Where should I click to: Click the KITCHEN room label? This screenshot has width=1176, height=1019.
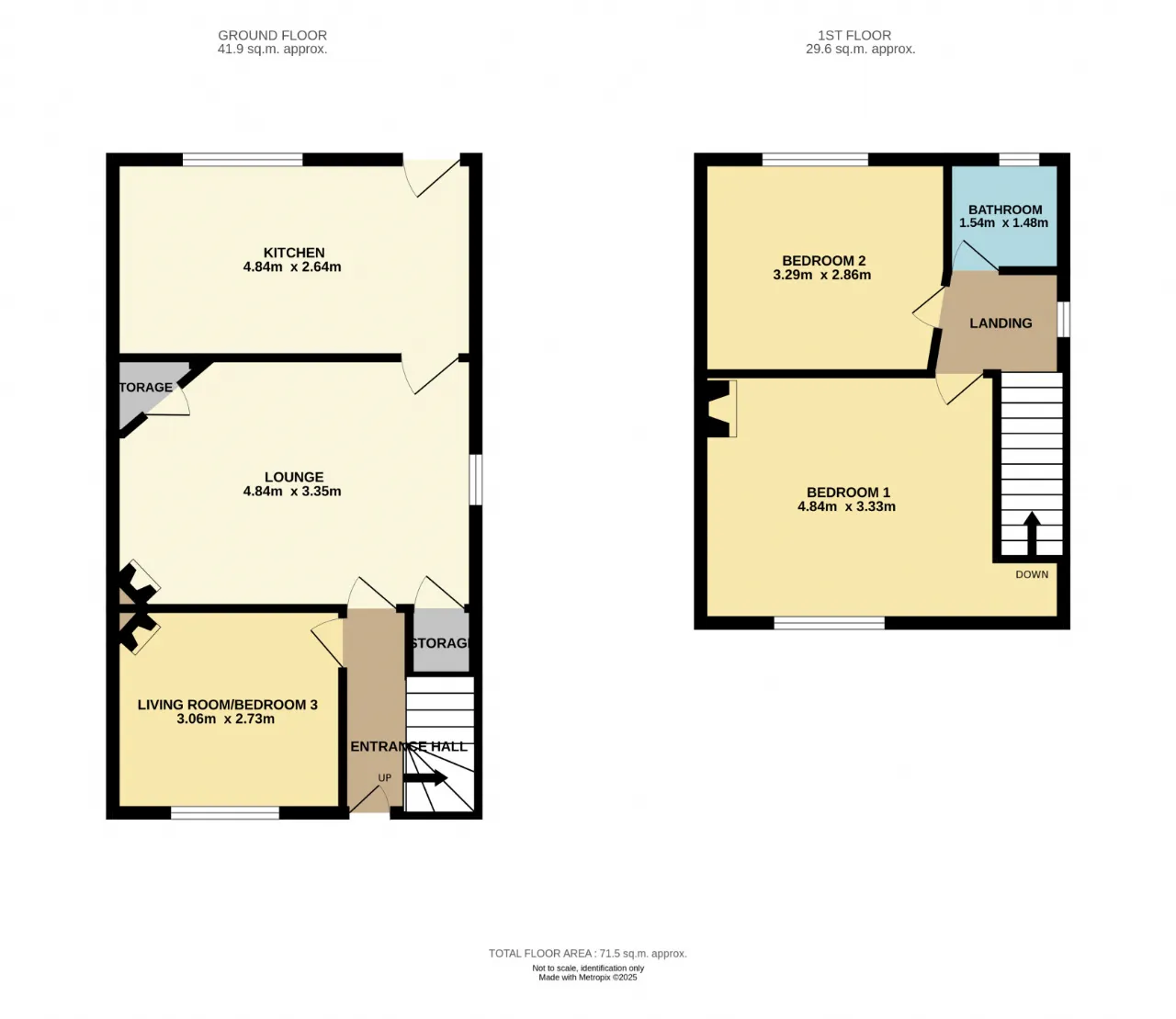(294, 253)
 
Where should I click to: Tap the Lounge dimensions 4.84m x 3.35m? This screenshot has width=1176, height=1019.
(292, 491)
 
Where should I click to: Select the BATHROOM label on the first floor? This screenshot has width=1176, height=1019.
(1005, 209)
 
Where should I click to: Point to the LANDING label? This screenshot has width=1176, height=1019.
(1001, 323)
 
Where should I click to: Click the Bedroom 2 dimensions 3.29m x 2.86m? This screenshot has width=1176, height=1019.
(821, 275)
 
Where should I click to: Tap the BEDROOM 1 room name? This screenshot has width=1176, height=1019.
(848, 493)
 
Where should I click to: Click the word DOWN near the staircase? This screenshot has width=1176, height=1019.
(1032, 574)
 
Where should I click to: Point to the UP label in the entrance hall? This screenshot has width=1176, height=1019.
(385, 777)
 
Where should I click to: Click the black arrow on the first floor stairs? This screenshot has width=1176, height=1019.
(1032, 533)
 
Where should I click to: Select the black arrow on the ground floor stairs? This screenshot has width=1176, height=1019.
(425, 777)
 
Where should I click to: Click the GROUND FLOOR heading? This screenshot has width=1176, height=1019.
(272, 35)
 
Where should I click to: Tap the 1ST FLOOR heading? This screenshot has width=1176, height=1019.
(854, 35)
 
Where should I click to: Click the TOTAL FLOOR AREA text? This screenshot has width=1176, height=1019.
(588, 953)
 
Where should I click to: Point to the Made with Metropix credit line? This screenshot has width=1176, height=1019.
(588, 978)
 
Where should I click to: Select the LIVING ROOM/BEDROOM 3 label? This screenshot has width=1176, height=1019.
(227, 705)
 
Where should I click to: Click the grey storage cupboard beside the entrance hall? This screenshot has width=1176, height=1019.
(440, 641)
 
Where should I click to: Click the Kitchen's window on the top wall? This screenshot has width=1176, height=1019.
(243, 159)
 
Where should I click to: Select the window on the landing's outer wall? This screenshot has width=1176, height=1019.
(1063, 319)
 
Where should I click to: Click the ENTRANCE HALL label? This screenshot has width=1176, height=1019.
(409, 746)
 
